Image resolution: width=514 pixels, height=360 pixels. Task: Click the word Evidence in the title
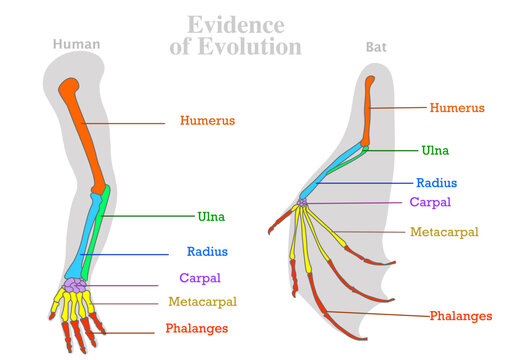pyautogui.click(x=236, y=24)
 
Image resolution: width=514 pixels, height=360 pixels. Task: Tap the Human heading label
pyautogui.click(x=76, y=44)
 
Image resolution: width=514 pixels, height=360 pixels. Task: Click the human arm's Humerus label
pyautogui.click(x=208, y=121)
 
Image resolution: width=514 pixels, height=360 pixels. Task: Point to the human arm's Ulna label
pyautogui.click(x=211, y=216)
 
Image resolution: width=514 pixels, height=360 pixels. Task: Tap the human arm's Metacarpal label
pyautogui.click(x=202, y=301)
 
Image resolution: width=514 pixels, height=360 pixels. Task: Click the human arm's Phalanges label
pyautogui.click(x=198, y=328)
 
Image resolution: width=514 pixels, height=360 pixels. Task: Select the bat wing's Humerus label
pyautogui.click(x=457, y=107)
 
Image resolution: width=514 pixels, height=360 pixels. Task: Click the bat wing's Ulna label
pyautogui.click(x=435, y=150)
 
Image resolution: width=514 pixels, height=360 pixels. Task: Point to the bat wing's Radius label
pyautogui.click(x=437, y=183)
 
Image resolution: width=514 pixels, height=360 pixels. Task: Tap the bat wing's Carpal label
pyautogui.click(x=430, y=201)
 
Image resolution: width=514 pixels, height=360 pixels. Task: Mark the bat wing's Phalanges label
pyautogui.click(x=462, y=316)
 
